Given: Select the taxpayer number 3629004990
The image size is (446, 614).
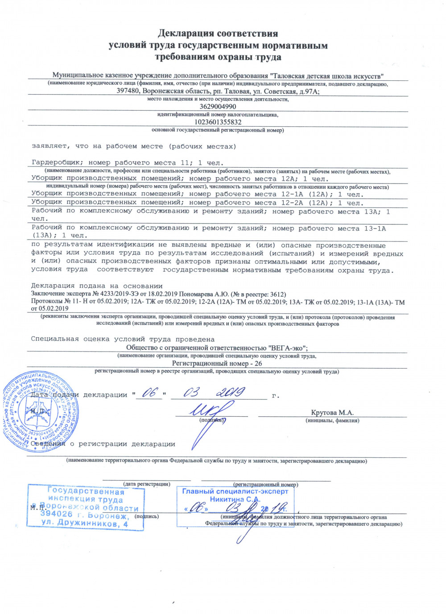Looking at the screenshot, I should [218, 107].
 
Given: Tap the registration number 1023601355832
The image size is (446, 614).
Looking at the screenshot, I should [218, 122].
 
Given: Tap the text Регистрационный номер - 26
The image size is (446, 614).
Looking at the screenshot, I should [217, 364].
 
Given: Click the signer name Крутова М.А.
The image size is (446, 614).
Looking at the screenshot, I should [332, 413].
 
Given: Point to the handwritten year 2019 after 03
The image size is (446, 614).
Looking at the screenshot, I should [231, 392].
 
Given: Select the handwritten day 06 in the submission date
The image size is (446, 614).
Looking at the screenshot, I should [150, 393].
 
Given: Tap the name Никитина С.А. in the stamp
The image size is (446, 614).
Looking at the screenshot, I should [235, 499].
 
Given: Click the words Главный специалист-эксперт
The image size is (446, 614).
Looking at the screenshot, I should [235, 491].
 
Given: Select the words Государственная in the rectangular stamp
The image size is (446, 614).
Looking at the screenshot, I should [86, 491].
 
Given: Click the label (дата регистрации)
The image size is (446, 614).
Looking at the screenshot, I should [147, 484].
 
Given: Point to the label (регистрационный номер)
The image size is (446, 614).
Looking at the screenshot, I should [266, 484].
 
